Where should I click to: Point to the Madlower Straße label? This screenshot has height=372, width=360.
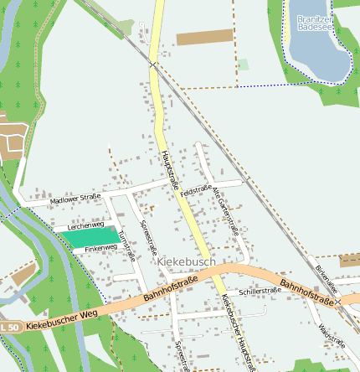point(75,198)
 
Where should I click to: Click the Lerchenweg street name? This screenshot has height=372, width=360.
point(85,225)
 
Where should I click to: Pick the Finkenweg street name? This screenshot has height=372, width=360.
point(101,248)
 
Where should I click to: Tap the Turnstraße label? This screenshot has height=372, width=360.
point(128,245)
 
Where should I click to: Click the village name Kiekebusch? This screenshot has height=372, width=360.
point(186,262)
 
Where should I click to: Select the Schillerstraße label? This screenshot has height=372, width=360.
point(260,291)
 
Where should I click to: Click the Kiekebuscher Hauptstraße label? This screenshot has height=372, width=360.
point(238,331)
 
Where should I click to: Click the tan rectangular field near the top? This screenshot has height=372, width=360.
point(204,37)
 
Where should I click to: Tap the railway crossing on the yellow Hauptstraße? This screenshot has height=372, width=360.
point(153,64)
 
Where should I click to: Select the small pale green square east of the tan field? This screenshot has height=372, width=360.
point(243,65)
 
